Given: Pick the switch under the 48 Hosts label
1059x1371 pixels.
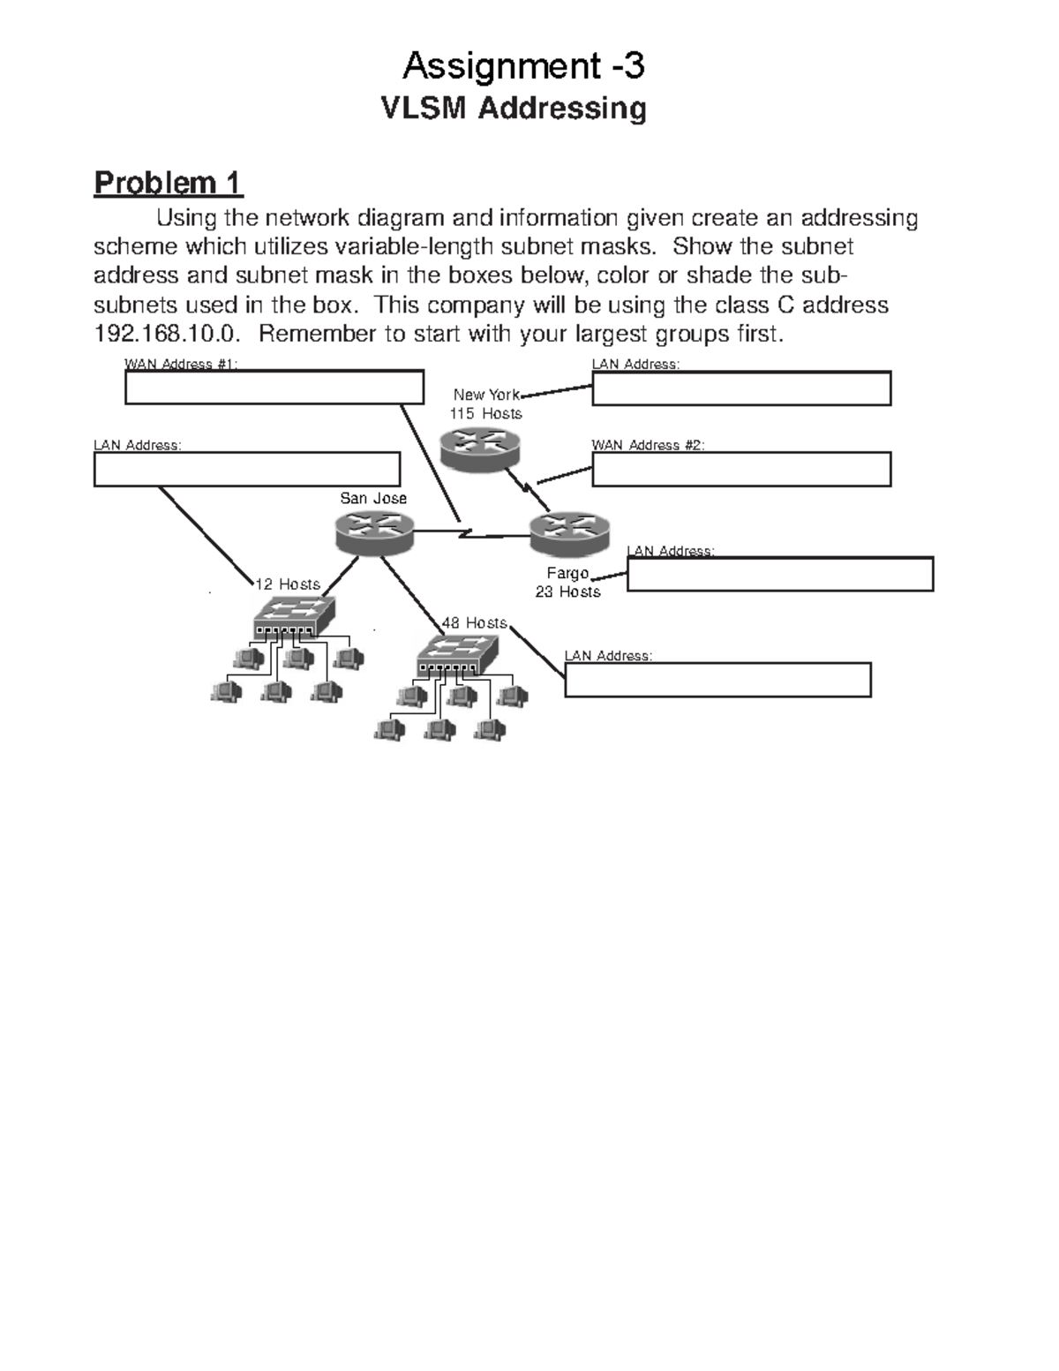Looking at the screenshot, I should tap(457, 654).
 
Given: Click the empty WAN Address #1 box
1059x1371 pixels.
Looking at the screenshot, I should tap(274, 388).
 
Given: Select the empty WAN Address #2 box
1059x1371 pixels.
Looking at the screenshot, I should tap(741, 470).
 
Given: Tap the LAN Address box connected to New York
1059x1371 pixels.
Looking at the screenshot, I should tap(741, 388).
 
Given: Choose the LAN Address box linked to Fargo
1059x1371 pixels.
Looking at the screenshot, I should tap(780, 574).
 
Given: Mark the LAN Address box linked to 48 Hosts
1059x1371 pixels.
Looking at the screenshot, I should tap(717, 680).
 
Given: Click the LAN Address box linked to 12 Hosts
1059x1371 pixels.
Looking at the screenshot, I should tap(247, 469).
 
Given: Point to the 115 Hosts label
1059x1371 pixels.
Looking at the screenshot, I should tap(485, 413).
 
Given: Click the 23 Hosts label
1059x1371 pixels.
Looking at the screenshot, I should tap(567, 591).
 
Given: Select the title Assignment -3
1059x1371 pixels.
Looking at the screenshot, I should tap(523, 65).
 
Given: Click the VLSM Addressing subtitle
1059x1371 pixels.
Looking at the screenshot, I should tap(513, 109).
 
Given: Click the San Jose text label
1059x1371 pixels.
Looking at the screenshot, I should tap(373, 498).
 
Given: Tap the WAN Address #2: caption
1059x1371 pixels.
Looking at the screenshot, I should tap(648, 445).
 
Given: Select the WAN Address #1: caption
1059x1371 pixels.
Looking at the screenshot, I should tap(181, 364).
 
